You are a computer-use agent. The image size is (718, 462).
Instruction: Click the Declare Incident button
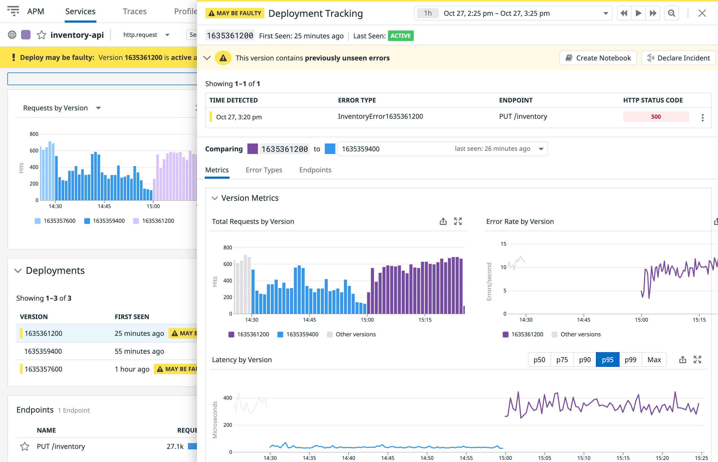678,58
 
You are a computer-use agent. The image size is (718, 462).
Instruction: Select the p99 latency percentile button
630,360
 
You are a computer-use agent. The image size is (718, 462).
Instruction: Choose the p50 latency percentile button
539,360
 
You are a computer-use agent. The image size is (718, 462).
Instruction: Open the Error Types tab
264,170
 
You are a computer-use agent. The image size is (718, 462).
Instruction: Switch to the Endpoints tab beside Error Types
315,170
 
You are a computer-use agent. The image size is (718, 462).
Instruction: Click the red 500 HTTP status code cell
656,117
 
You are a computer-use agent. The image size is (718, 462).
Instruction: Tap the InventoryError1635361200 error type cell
380,116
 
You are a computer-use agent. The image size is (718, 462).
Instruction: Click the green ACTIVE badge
401,36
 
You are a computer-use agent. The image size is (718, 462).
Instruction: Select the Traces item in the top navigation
134,11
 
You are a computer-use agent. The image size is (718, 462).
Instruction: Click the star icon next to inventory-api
42,35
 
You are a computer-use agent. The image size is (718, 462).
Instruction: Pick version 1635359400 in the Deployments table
43,351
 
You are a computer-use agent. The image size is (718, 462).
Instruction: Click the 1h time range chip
428,13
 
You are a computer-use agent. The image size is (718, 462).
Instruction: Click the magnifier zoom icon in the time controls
671,13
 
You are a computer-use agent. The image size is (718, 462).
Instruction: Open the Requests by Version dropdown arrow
98,108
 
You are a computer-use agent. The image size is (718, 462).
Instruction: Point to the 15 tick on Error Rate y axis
503,244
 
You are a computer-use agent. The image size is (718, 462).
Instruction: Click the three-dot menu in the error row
702,117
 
